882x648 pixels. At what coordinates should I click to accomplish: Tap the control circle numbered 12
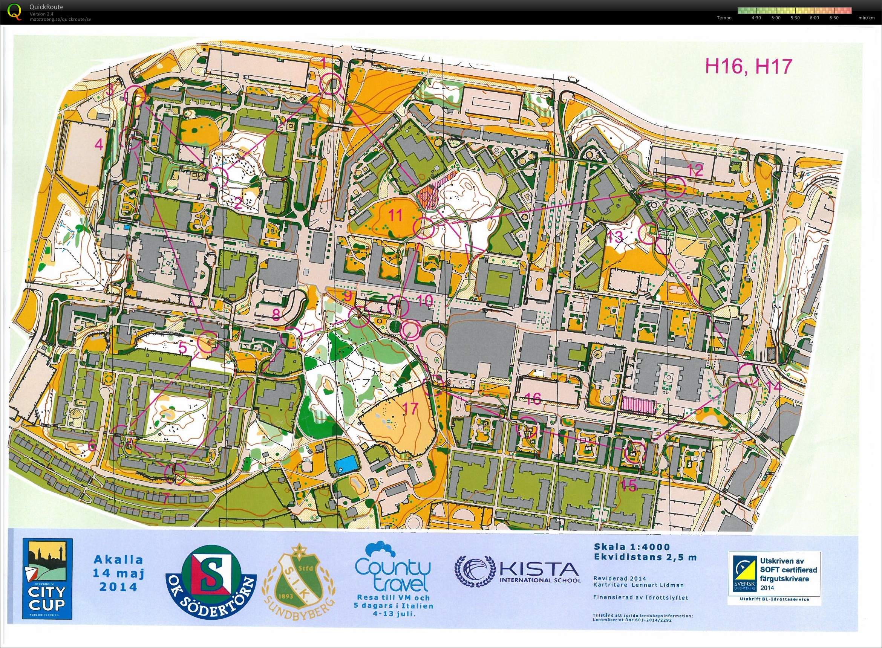click(674, 187)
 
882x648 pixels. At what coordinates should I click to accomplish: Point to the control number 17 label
click(410, 408)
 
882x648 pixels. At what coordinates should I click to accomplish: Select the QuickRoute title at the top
click(46, 7)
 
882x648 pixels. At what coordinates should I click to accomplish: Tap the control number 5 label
click(183, 347)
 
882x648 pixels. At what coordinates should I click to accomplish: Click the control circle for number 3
click(135, 95)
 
